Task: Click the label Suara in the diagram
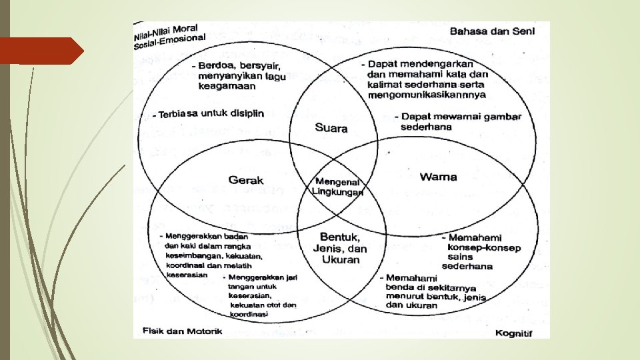(x=331, y=128)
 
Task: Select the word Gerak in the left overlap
(x=246, y=180)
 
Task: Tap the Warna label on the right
(x=438, y=177)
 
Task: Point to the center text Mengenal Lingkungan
(x=338, y=187)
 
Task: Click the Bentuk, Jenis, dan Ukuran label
(x=340, y=248)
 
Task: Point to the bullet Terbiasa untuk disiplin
(x=207, y=113)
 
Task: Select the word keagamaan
(x=225, y=86)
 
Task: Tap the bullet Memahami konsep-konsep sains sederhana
(x=470, y=251)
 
